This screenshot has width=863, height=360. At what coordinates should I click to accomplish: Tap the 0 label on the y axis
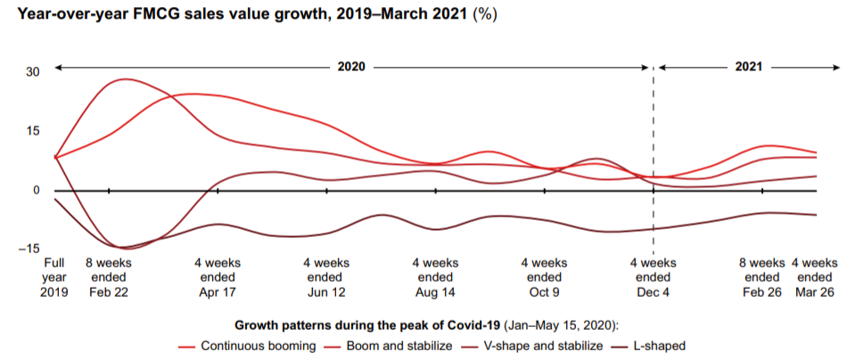click(x=36, y=190)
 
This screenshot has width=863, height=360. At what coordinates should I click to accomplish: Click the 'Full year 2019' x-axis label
click(x=54, y=278)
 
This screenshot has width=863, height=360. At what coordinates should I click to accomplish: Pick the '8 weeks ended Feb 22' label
click(x=109, y=278)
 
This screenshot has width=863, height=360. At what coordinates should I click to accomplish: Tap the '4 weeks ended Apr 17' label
click(x=218, y=278)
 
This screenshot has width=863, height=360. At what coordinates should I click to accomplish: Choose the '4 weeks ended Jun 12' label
click(x=326, y=278)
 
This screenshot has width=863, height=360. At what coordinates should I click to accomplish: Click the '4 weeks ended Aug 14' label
click(x=435, y=278)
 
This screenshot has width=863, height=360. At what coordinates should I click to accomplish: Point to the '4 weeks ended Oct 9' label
click(x=544, y=278)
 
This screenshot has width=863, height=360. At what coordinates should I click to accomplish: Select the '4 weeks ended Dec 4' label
click(x=653, y=278)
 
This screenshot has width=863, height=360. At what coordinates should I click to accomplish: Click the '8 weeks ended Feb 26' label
click(x=762, y=278)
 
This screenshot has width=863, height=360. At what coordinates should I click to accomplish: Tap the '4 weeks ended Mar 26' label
click(x=815, y=278)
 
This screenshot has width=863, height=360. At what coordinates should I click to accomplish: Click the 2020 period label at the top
click(x=350, y=68)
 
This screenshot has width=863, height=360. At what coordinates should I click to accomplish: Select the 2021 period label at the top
click(x=750, y=68)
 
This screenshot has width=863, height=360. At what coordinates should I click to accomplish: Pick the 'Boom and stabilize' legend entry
click(x=389, y=346)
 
